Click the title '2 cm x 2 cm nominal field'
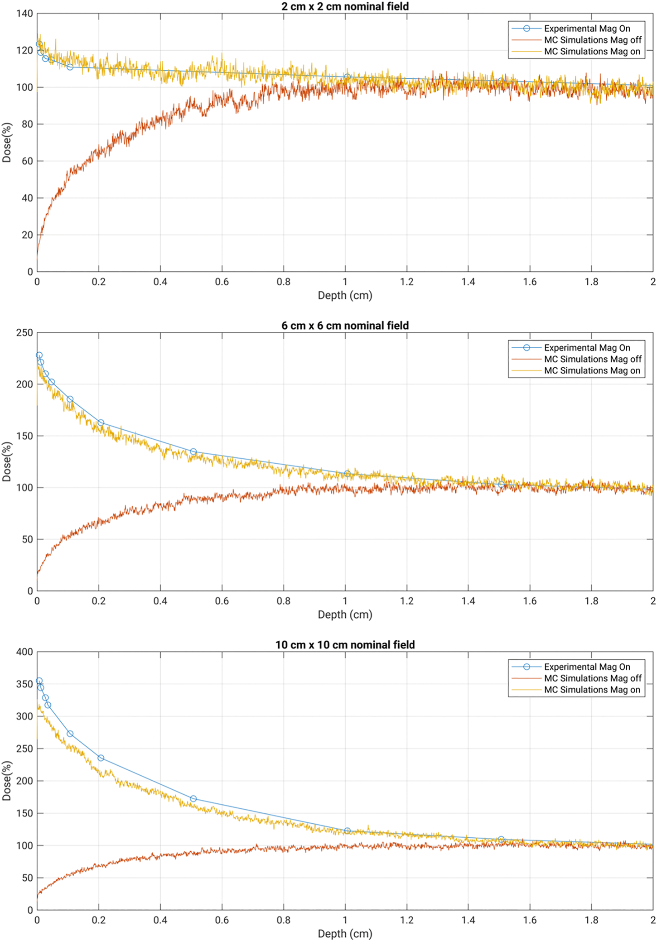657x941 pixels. pos(345,6)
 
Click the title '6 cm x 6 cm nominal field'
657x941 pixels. pos(345,326)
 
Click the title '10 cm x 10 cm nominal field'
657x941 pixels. pos(345,644)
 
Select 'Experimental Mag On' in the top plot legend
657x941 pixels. pos(587,29)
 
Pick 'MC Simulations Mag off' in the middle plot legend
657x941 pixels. pos(593,359)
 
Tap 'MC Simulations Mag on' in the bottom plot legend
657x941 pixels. pos(592,690)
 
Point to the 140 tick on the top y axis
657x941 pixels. pos(24,14)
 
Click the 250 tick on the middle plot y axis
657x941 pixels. pos(24,333)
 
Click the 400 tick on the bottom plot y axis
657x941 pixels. pos(24,652)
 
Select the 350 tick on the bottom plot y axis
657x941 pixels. pos(24,684)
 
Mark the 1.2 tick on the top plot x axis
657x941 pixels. pos(406,282)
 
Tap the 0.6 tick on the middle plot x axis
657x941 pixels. pos(222,601)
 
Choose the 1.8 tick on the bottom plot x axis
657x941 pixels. pos(591,920)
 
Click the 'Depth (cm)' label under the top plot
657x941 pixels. pos(345,296)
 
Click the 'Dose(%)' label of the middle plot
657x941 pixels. pos(7,461)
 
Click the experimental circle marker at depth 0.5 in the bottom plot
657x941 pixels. pos(193,799)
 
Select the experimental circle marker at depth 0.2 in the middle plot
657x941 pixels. pos(101,422)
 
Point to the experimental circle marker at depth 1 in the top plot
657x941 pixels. pos(347,77)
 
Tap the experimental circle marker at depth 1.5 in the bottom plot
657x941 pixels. pos(501,839)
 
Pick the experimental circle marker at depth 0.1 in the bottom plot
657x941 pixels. pos(70,734)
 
